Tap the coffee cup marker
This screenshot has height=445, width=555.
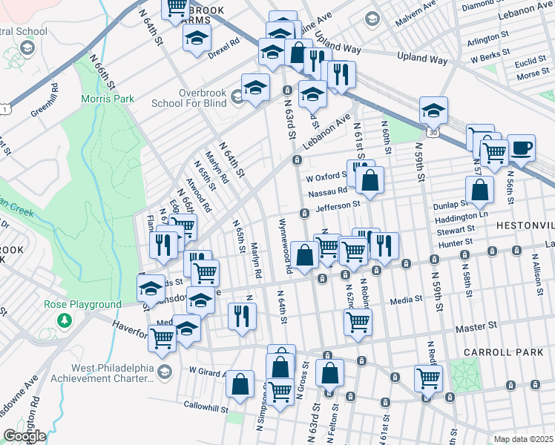click(520, 146)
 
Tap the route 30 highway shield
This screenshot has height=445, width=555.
click(433, 131)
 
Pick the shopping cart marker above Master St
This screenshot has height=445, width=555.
click(358, 322)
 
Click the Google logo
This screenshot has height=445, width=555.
click(25, 435)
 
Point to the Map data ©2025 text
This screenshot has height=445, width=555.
click(523, 439)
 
